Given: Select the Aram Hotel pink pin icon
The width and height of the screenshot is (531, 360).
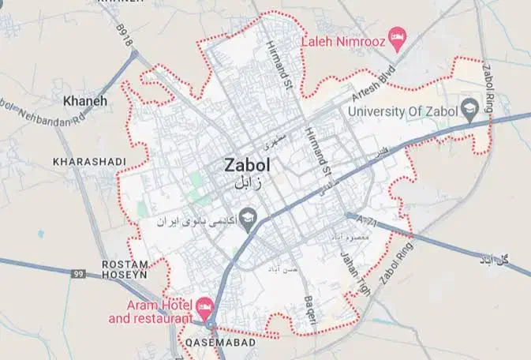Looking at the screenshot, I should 205,305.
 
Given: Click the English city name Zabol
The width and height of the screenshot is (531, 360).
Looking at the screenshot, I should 247,166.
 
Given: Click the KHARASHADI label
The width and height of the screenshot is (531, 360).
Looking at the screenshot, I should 89,162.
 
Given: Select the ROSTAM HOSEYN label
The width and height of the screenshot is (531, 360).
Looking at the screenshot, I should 125,270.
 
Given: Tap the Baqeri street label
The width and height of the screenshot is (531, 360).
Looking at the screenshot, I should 310,309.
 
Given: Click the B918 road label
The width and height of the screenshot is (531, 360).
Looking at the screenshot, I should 124,36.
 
